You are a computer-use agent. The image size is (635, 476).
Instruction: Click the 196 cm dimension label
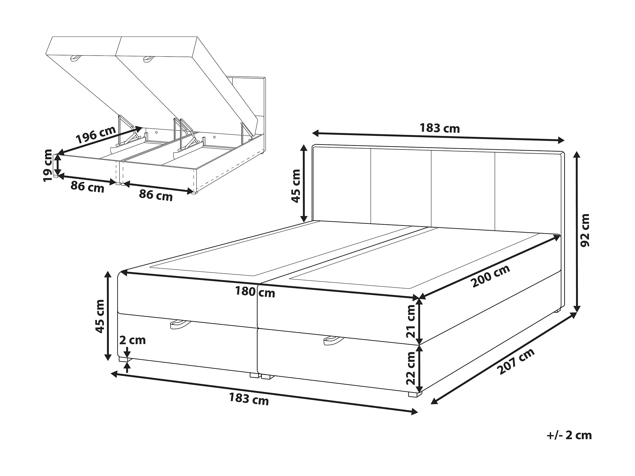pos(96,135)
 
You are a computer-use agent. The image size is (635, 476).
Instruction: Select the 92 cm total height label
pos(584,230)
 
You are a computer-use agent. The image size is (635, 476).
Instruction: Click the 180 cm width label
pos(255,292)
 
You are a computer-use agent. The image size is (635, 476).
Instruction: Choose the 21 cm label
pos(411,321)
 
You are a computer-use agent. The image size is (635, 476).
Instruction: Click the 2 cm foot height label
pos(132,340)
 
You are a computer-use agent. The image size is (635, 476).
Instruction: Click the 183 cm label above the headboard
pos(440,128)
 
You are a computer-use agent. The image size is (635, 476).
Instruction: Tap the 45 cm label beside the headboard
pos(296,186)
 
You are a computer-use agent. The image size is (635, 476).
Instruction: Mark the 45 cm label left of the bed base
pos(99,316)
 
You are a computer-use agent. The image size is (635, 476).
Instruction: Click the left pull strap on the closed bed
pos(180,324)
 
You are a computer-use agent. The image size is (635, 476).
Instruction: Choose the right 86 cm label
pos(156,196)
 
